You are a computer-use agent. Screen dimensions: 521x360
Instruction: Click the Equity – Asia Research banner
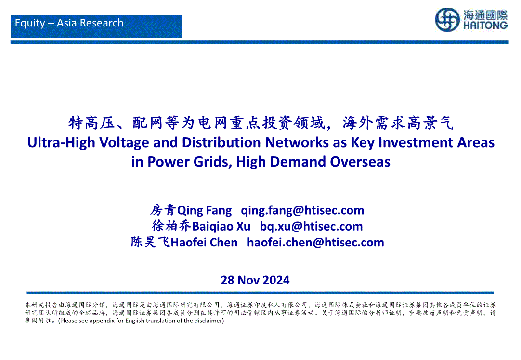coord(96,26)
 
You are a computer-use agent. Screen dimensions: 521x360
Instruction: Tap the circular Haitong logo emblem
coord(447,20)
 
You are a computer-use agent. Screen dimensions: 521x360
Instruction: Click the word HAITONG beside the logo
coord(485,26)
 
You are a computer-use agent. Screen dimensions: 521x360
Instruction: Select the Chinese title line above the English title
coord(261,123)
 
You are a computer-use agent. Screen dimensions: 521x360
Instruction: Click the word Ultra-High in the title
coord(62,143)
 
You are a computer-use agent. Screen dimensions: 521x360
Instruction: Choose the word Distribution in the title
coord(221,142)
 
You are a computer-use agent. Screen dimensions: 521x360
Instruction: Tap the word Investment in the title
coord(416,142)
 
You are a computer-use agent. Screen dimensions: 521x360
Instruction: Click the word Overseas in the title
coord(360,162)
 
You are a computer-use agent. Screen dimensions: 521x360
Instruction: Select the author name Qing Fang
coord(204,210)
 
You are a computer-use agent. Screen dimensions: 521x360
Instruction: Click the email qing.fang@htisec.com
coord(302,210)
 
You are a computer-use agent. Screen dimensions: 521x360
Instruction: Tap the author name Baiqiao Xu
coord(221,227)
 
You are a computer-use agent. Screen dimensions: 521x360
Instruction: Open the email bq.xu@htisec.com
coord(311,227)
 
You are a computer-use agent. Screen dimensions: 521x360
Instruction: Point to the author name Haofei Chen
coord(204,243)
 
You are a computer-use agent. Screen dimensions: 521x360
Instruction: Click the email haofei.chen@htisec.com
coord(315,243)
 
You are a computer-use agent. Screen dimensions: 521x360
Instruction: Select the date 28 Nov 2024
coord(255,280)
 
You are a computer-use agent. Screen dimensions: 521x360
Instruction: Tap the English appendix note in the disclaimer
coord(141,321)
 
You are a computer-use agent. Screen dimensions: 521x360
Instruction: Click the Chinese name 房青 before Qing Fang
coord(163,210)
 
